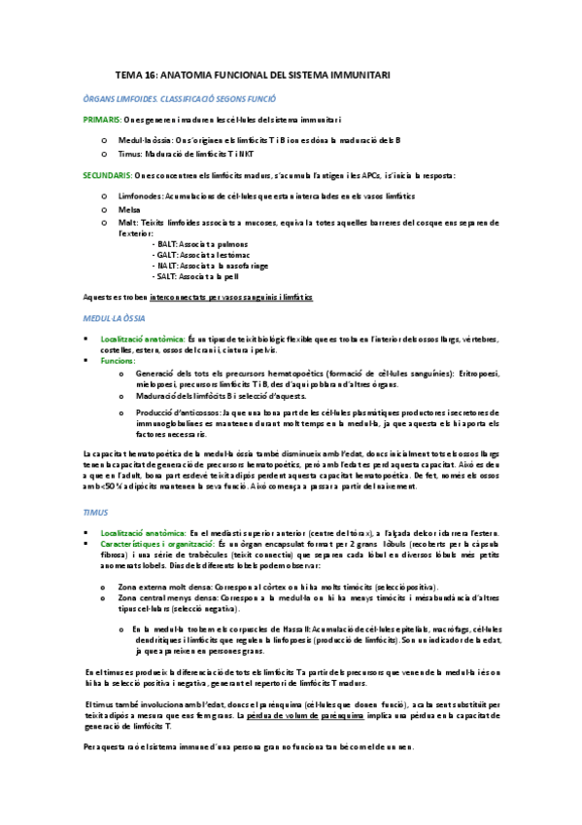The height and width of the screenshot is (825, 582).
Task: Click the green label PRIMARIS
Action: [102, 119]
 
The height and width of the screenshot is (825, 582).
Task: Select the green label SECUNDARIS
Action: [107, 175]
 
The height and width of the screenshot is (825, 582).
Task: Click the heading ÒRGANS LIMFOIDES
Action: [180, 98]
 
